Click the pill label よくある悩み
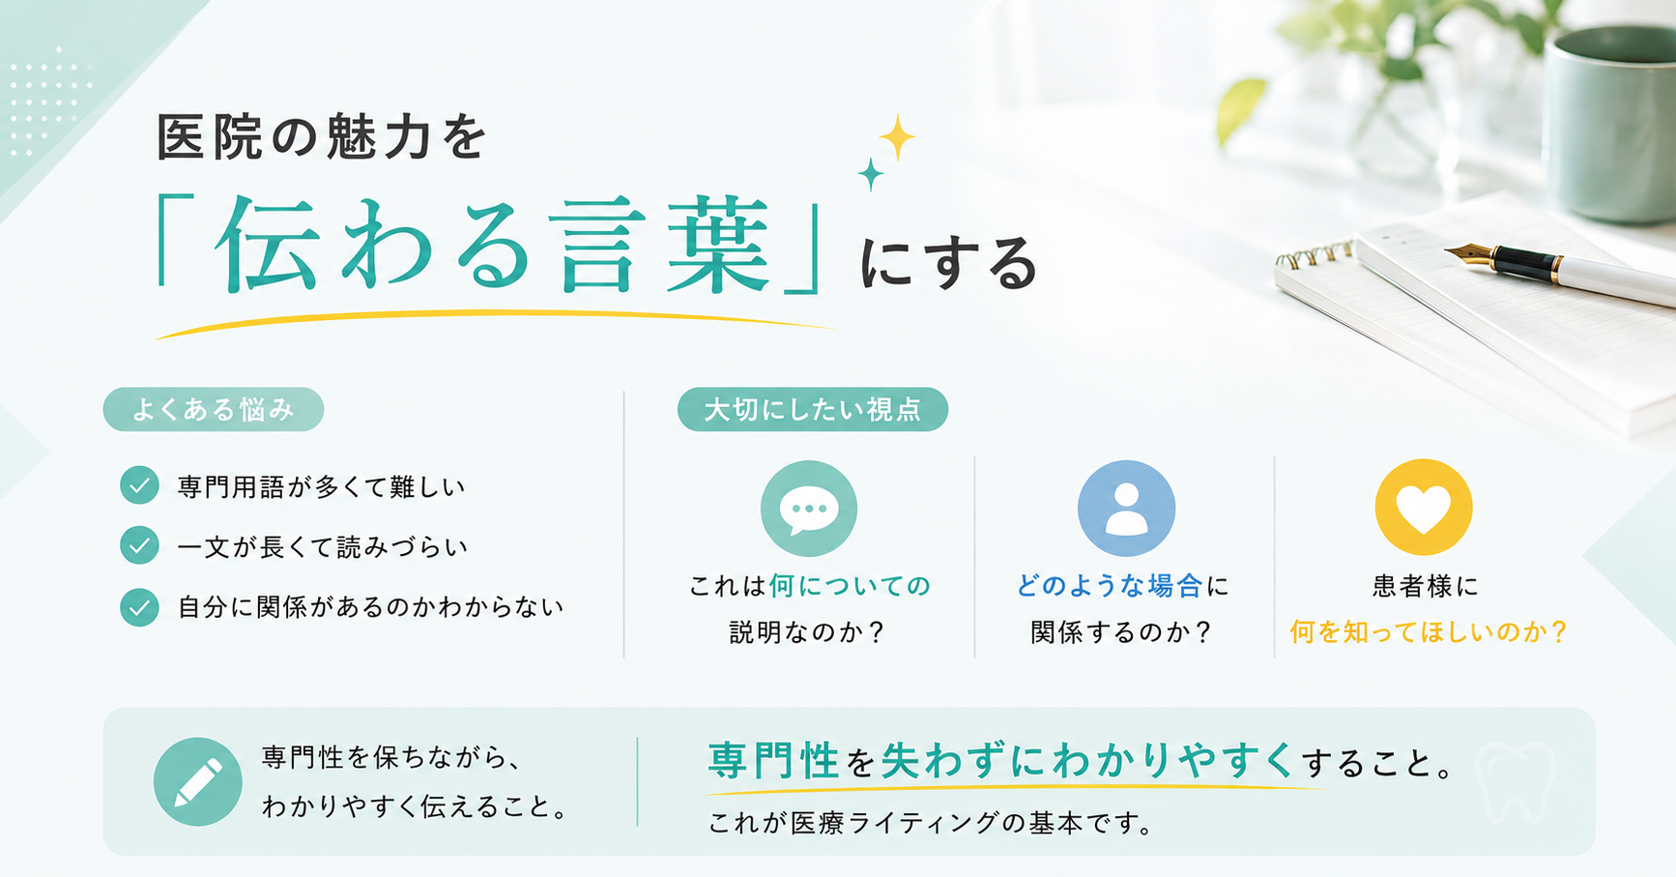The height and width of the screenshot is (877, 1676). [x=214, y=410]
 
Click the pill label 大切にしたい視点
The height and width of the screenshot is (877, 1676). [x=813, y=410]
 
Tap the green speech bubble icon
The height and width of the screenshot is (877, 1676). [x=809, y=509]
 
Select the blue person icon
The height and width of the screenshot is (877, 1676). [x=1126, y=509]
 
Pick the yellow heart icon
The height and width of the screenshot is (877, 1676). [x=1424, y=508]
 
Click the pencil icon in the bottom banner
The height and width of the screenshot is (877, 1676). [x=198, y=781]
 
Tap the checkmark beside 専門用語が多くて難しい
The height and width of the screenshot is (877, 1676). [x=139, y=485]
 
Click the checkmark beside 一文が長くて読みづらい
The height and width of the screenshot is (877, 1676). [x=139, y=545]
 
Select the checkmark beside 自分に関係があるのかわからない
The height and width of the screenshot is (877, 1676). [x=139, y=607]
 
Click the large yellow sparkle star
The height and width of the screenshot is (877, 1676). [x=897, y=137]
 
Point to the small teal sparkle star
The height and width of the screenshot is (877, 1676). [x=871, y=174]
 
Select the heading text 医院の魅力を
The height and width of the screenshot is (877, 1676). [x=322, y=137]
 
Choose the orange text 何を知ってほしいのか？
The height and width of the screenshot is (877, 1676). [x=1428, y=632]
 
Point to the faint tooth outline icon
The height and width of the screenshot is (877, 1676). [x=1517, y=780]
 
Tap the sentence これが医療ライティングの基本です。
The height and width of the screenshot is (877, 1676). [x=931, y=824]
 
